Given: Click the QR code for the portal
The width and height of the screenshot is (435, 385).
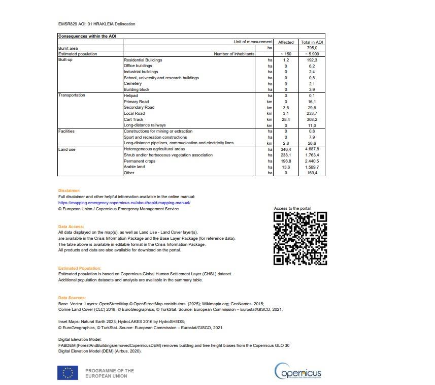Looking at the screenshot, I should (x=300, y=238).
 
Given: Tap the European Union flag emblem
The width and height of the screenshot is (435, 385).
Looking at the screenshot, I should (x=68, y=373).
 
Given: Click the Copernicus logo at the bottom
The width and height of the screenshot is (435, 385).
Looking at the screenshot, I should (x=298, y=372).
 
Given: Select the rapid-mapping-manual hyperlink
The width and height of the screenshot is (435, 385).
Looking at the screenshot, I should (x=124, y=203).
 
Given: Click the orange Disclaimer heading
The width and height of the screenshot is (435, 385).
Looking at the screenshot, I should (x=69, y=190).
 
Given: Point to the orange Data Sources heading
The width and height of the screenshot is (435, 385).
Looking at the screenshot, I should (x=72, y=298).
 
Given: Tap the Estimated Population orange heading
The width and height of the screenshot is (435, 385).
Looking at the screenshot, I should (x=80, y=268).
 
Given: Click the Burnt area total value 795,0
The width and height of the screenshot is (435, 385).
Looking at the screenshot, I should (x=312, y=48).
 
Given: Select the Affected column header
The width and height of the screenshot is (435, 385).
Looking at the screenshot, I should (x=286, y=42).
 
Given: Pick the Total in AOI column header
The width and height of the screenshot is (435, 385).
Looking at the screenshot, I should (x=312, y=42).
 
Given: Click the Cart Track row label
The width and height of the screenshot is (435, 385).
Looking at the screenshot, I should (x=133, y=119).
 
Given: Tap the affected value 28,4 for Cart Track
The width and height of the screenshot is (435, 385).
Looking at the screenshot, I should (x=286, y=119).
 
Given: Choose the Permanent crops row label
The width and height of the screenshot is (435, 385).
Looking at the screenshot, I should (x=140, y=161).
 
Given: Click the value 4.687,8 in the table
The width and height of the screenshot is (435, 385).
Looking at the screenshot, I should (x=312, y=149).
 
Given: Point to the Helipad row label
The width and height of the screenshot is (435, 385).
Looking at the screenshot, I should (x=131, y=95).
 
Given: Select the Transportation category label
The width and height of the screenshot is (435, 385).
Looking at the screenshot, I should (x=72, y=95).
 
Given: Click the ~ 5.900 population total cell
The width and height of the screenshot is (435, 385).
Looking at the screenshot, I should (x=312, y=54).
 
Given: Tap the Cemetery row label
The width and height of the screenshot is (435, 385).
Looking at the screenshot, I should (x=133, y=84).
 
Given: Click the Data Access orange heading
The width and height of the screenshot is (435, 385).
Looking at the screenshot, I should (x=71, y=227).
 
